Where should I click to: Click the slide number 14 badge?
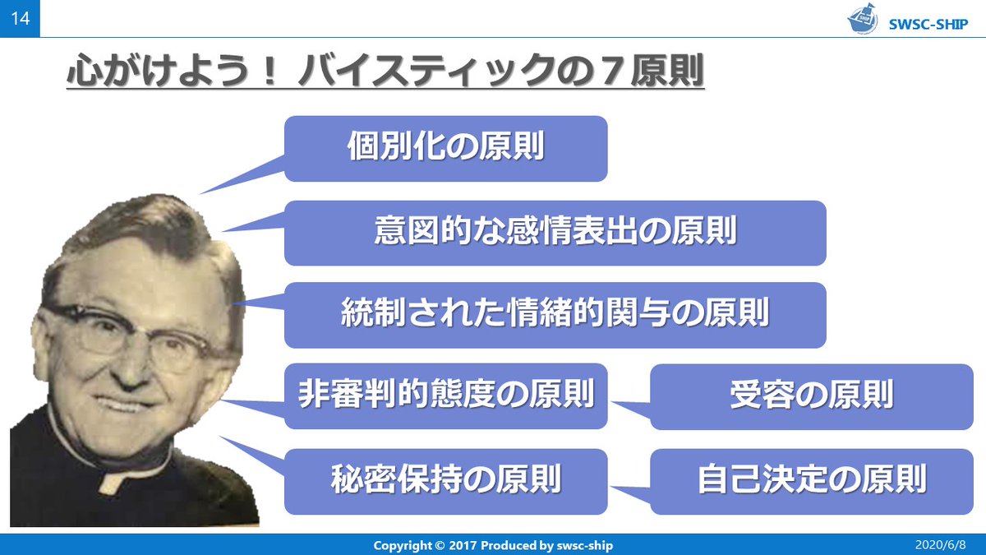click(x=20, y=18)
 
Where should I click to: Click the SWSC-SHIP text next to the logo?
click(x=929, y=23)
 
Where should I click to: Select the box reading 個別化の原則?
click(x=446, y=149)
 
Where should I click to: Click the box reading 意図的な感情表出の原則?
click(x=555, y=233)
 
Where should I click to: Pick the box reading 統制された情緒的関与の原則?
click(x=555, y=315)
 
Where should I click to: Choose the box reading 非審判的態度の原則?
click(x=446, y=396)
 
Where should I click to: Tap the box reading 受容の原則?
click(x=811, y=396)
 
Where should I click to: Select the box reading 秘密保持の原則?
click(x=446, y=480)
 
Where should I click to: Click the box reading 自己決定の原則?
click(x=811, y=480)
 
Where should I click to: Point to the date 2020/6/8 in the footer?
click(x=943, y=545)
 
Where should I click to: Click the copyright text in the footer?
click(x=493, y=545)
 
